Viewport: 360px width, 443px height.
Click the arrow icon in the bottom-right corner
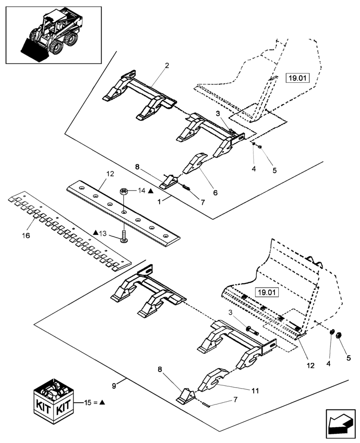point(340,422)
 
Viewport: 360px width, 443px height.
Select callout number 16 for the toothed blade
point(26,236)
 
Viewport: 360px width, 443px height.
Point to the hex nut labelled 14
point(124,192)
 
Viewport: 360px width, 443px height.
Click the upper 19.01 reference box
point(297,79)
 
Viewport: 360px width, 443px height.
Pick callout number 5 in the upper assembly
point(274,170)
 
